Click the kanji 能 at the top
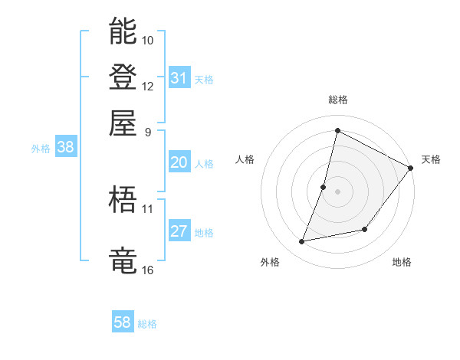[x=123, y=31]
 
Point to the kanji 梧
[x=123, y=200]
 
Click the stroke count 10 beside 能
[x=148, y=40]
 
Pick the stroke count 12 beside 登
[x=148, y=86]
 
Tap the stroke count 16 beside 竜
[x=148, y=270]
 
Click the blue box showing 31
[x=179, y=78]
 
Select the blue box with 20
[x=179, y=162]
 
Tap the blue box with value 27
[x=179, y=232]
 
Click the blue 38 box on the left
[x=65, y=148]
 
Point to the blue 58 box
[x=123, y=322]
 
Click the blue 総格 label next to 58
[x=148, y=324]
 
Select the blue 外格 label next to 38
[x=41, y=149]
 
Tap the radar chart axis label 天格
[x=431, y=159]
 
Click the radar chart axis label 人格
[x=245, y=159]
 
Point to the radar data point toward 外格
[x=302, y=242]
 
